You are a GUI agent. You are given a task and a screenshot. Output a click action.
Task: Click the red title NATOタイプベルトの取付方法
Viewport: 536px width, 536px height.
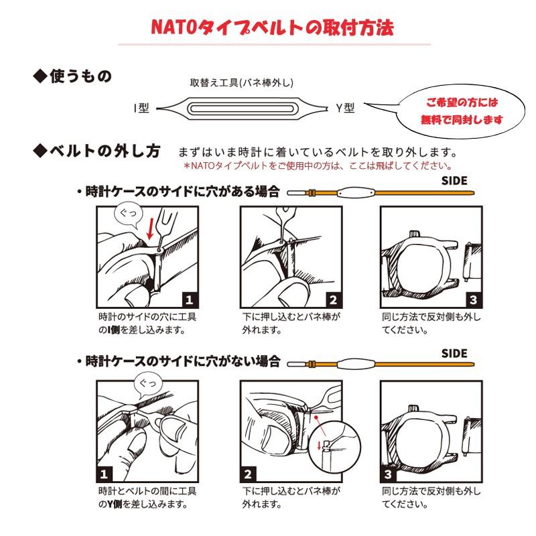coord(271,27)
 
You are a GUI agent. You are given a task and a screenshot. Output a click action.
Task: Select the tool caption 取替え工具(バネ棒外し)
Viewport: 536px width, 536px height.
coord(242,83)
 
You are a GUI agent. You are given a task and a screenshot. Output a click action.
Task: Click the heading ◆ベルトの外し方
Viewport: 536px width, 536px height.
coord(97,151)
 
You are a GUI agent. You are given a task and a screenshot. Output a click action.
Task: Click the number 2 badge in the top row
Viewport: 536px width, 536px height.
coord(332,300)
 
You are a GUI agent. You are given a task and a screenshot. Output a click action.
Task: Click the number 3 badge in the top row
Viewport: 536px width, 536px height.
coord(473,300)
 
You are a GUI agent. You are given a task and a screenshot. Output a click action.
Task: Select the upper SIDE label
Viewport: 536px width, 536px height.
coord(454,180)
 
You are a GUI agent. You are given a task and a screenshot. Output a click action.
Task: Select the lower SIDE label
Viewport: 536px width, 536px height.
coord(454,353)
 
